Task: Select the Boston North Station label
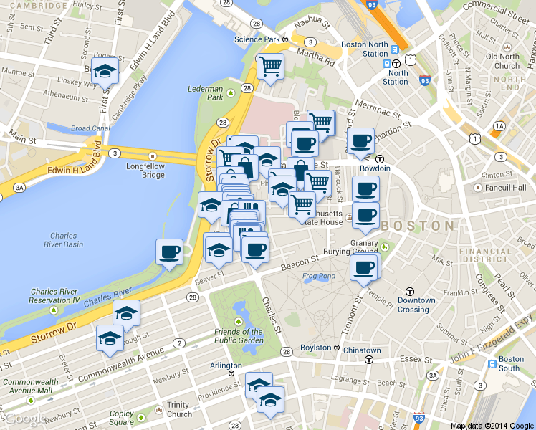(x=364, y=49)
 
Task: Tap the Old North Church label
(x=502, y=61)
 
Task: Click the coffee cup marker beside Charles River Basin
(x=170, y=252)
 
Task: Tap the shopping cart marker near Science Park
(x=271, y=67)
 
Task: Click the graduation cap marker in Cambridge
(x=105, y=70)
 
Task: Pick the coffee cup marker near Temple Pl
(x=363, y=267)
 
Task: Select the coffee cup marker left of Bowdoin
(x=360, y=140)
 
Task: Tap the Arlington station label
(x=226, y=365)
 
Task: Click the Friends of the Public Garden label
(x=238, y=336)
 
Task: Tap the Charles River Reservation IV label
(x=54, y=295)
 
